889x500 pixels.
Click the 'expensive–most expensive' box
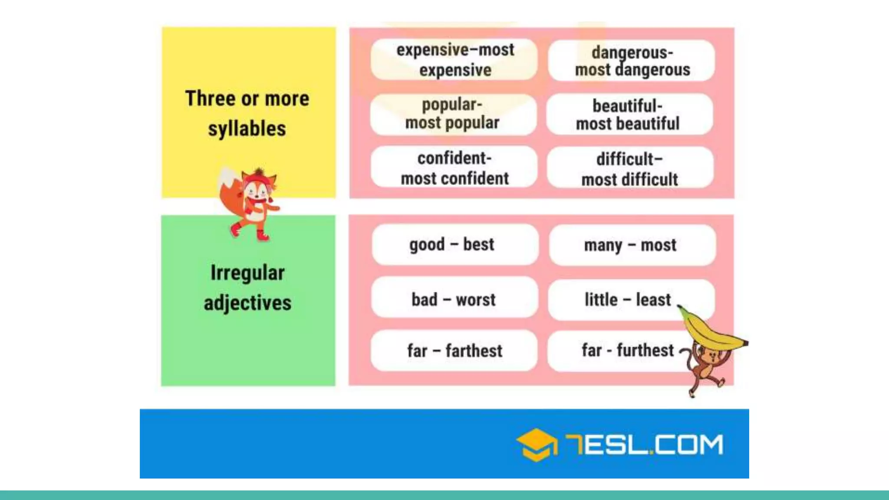point(454,59)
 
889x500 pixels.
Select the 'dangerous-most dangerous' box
point(632,61)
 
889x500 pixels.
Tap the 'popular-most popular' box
point(453,114)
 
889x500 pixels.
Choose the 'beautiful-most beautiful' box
point(629,115)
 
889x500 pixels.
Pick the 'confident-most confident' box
point(454,168)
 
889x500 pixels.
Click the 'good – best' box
point(454,244)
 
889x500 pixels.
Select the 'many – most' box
point(632,245)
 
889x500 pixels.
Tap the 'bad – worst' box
point(454,299)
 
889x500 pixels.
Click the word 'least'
point(653,299)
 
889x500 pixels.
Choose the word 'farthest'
point(474,351)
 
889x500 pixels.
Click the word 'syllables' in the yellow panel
point(247,129)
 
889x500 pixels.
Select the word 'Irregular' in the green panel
point(247,273)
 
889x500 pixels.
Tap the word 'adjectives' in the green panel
point(247,303)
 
